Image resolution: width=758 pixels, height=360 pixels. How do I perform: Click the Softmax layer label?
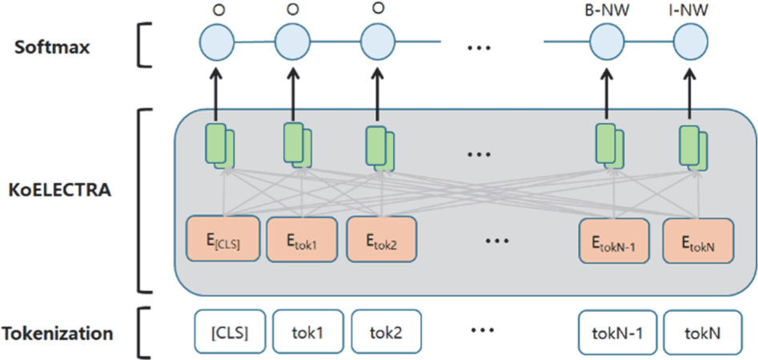[52, 46]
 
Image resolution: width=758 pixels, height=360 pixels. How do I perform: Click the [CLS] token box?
[228, 331]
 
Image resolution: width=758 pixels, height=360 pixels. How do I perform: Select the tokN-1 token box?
[613, 331]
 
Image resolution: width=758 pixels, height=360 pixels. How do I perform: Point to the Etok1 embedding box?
[300, 238]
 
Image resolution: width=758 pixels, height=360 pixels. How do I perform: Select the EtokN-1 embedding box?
[615, 238]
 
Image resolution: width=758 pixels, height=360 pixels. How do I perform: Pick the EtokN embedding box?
[697, 238]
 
